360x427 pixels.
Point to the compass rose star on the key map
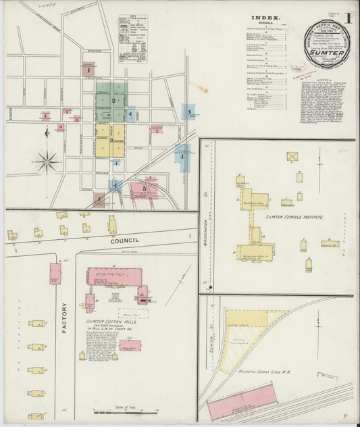47,161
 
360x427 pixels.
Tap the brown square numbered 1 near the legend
88,68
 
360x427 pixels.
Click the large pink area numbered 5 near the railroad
143,189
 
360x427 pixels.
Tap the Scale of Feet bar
113,411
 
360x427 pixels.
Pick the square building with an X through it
292,156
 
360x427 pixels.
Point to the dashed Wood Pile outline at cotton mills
133,313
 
